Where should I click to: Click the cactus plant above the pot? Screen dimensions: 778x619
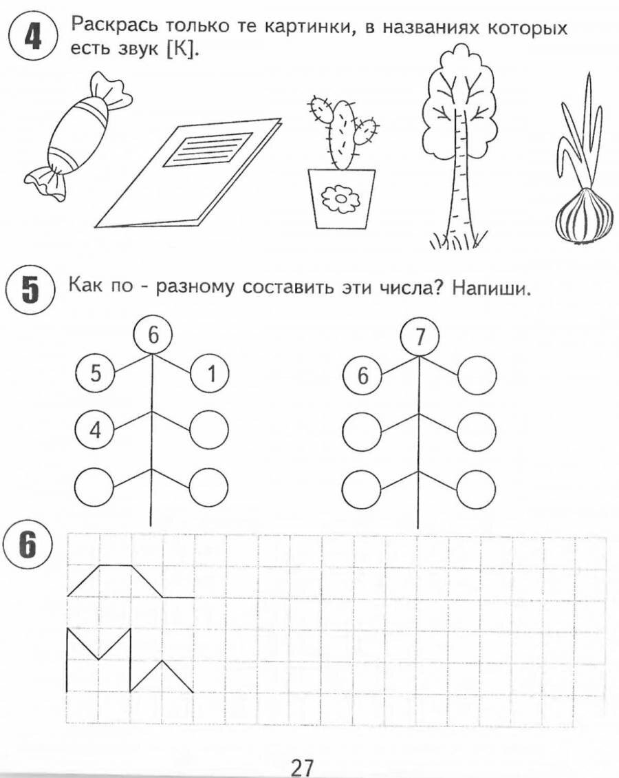click(x=341, y=131)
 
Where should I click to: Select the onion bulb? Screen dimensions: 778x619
click(x=584, y=216)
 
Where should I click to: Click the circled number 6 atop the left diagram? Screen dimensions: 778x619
click(x=153, y=335)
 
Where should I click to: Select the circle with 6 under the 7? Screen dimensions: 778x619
click(x=362, y=375)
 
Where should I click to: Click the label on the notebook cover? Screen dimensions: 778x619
click(x=207, y=147)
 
